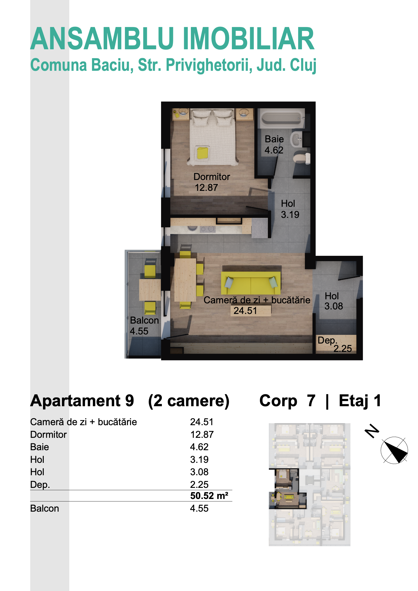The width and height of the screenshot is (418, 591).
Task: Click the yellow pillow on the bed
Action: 203,153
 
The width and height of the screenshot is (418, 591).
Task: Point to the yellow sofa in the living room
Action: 251,283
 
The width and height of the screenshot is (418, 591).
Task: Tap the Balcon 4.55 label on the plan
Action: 144,326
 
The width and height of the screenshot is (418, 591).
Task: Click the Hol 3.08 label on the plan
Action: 334,301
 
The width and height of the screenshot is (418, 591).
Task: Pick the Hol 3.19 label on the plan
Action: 290,209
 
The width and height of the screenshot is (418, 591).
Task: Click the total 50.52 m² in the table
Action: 209,496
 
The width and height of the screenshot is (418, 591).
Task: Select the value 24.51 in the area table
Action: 202,422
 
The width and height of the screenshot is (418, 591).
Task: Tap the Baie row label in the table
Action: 39,447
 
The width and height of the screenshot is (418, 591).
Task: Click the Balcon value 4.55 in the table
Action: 199,508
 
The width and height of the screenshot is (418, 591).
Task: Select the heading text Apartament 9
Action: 82,401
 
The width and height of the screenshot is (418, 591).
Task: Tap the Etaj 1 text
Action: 360,401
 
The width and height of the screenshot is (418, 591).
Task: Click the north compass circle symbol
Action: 394,450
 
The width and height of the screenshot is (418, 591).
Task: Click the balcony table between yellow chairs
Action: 150,290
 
